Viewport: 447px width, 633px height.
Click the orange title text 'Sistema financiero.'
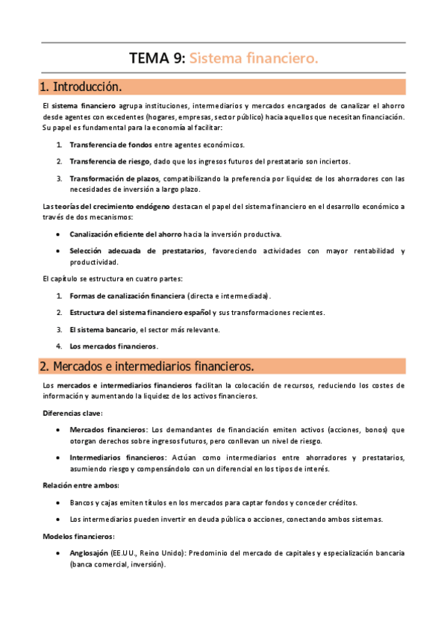click(254, 57)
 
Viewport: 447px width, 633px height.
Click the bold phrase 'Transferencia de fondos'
click(110, 144)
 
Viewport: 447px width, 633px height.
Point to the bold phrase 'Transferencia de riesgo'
click(110, 161)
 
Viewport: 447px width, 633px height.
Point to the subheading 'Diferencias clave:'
click(73, 413)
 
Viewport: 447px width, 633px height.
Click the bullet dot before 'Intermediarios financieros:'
click(59, 458)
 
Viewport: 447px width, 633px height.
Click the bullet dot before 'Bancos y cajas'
click(59, 502)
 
